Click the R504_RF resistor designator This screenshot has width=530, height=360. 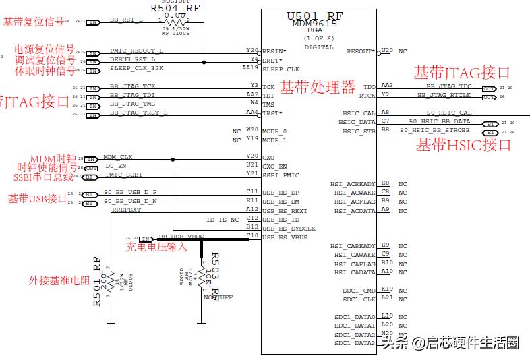click(x=174, y=8)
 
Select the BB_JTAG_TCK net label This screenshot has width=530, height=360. click(x=132, y=86)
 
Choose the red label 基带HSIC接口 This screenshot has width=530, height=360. click(x=463, y=144)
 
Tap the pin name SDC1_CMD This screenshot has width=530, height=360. click(x=359, y=291)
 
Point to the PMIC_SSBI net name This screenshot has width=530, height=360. click(x=124, y=175)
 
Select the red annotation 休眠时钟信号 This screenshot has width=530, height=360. click(x=45, y=71)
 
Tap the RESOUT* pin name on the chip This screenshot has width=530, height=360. click(x=361, y=51)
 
